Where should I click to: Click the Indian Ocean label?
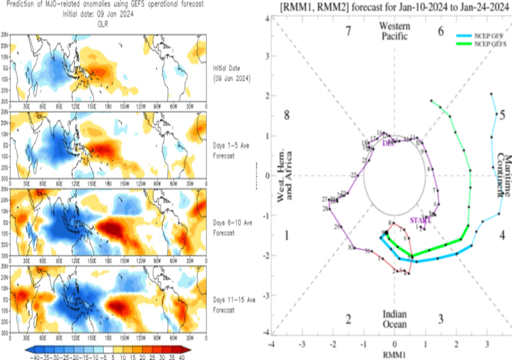(x=394, y=319)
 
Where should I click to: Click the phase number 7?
(x=348, y=31)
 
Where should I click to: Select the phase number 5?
(x=502, y=115)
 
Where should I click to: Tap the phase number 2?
(x=348, y=319)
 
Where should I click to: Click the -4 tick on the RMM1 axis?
(x=271, y=344)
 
